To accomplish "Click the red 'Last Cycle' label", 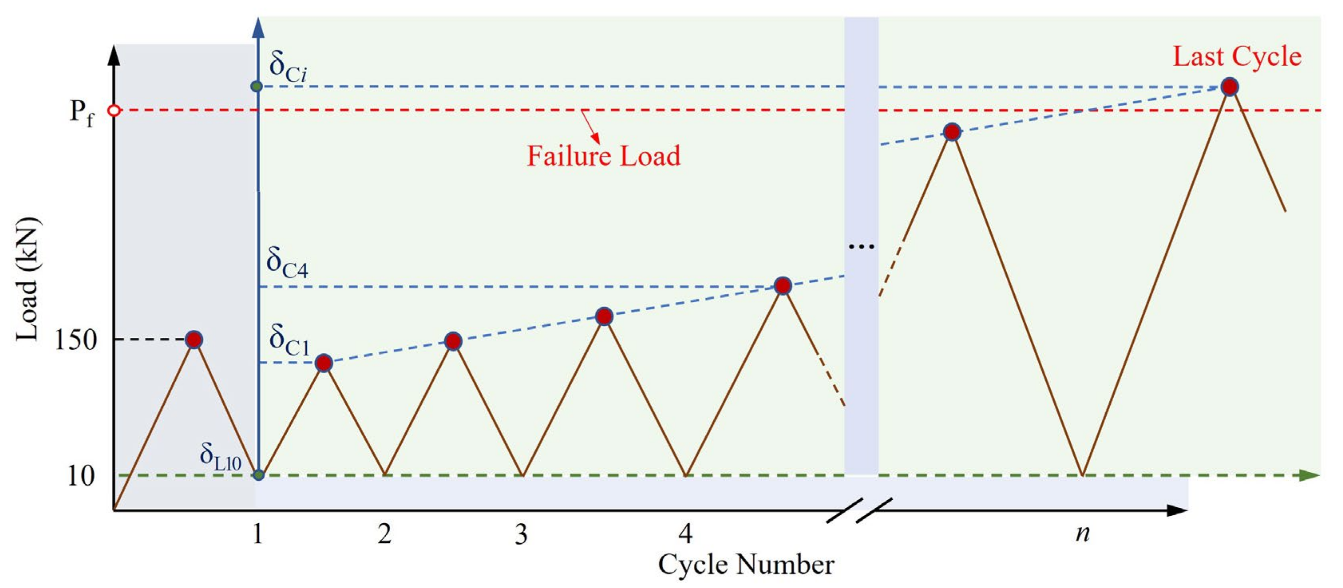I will (x=1237, y=56).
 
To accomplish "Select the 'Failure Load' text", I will (x=604, y=156).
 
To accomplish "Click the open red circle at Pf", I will (x=114, y=111).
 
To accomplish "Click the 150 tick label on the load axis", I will (x=75, y=341).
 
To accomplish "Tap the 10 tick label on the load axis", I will (x=81, y=476).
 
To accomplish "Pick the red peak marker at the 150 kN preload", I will (x=194, y=340).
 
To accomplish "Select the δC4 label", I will (x=287, y=262).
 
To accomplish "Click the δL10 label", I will (x=220, y=457).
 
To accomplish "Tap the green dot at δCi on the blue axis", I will (x=256, y=86).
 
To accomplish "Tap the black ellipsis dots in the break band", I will (x=861, y=247).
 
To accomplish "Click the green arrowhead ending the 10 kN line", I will (x=1309, y=475).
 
